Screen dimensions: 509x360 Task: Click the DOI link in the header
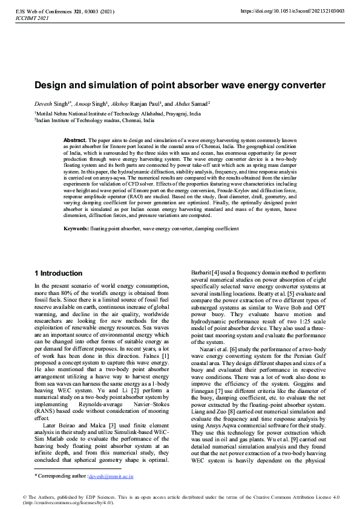pos(292,11)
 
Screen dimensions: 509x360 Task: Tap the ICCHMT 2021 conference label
pos(31,18)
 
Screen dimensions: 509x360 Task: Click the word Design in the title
pos(51,86)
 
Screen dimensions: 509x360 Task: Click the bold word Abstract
pos(75,140)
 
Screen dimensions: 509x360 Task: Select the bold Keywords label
pos(77,229)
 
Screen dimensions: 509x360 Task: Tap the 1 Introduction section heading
pos(58,273)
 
